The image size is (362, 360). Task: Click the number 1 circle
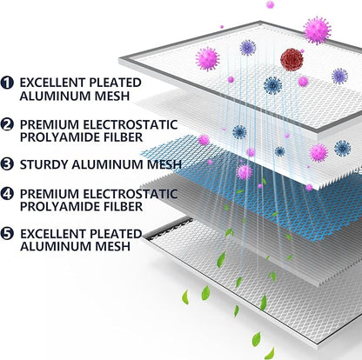(x=7, y=83)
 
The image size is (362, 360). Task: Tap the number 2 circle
(x=7, y=124)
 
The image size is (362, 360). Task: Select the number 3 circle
(x=7, y=164)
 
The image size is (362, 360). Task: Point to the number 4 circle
(x=7, y=194)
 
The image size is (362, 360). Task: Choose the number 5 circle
(x=7, y=234)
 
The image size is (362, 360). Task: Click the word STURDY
(x=44, y=164)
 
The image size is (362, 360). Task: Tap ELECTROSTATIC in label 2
(x=131, y=124)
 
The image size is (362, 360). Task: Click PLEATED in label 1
(x=115, y=83)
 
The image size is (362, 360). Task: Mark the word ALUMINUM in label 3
(x=108, y=164)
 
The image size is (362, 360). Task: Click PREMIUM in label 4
(x=50, y=194)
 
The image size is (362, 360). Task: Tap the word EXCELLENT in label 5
(x=52, y=234)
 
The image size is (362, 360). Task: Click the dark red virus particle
(x=292, y=60)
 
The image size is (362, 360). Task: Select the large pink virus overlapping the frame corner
(x=317, y=30)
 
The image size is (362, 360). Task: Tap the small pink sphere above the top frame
(x=270, y=4)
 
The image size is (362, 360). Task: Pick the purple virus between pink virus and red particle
(x=248, y=48)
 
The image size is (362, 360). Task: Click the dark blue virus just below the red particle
(x=272, y=85)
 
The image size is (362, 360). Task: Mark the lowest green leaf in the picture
(x=271, y=354)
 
